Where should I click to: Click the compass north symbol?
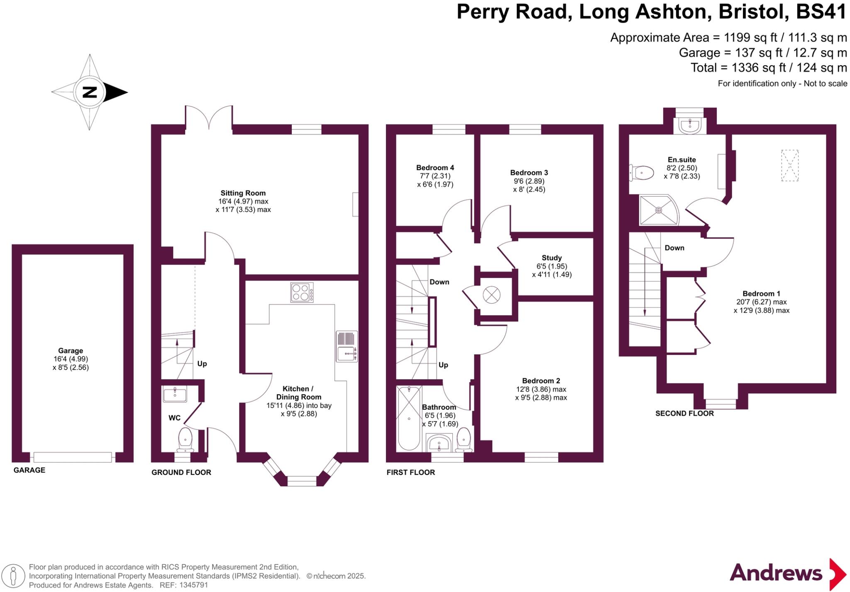89,92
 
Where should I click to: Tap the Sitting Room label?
243,193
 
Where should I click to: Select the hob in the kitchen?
302,292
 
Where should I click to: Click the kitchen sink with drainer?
347,346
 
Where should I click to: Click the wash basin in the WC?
175,394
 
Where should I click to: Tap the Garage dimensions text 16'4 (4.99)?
71,359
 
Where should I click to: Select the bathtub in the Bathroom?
409,418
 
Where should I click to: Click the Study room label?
552,258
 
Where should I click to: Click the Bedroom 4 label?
435,168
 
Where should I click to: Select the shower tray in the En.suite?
658,210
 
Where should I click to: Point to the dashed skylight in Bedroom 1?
790,165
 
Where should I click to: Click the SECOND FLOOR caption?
684,413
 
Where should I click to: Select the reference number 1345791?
193,585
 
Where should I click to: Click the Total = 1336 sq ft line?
768,68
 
